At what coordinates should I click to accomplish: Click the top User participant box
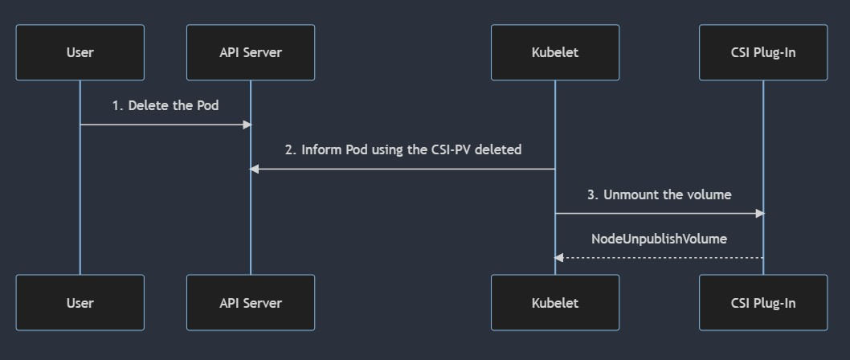tap(80, 52)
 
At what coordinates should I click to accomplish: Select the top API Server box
tap(251, 52)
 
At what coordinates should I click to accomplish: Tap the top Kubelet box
tap(555, 52)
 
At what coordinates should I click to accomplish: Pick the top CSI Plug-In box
tap(763, 52)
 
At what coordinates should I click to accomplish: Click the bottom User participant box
tap(80, 302)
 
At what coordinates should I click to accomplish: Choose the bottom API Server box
tap(251, 302)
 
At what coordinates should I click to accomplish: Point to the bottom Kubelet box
tap(555, 302)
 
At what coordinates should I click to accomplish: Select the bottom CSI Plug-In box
tap(763, 302)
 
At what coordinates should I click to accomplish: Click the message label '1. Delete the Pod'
tap(166, 105)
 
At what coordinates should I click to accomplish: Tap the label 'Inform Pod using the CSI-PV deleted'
tap(411, 149)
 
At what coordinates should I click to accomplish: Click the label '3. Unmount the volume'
tap(659, 194)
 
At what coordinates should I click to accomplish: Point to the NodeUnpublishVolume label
tap(659, 239)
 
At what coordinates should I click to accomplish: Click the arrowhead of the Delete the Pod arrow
tap(247, 125)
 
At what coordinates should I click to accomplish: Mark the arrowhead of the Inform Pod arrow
tap(254, 170)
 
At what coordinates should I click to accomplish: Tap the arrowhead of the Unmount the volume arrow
tap(760, 214)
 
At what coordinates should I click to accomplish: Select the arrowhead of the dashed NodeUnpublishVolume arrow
tap(559, 258)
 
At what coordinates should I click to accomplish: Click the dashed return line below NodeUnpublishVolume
tap(659, 258)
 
